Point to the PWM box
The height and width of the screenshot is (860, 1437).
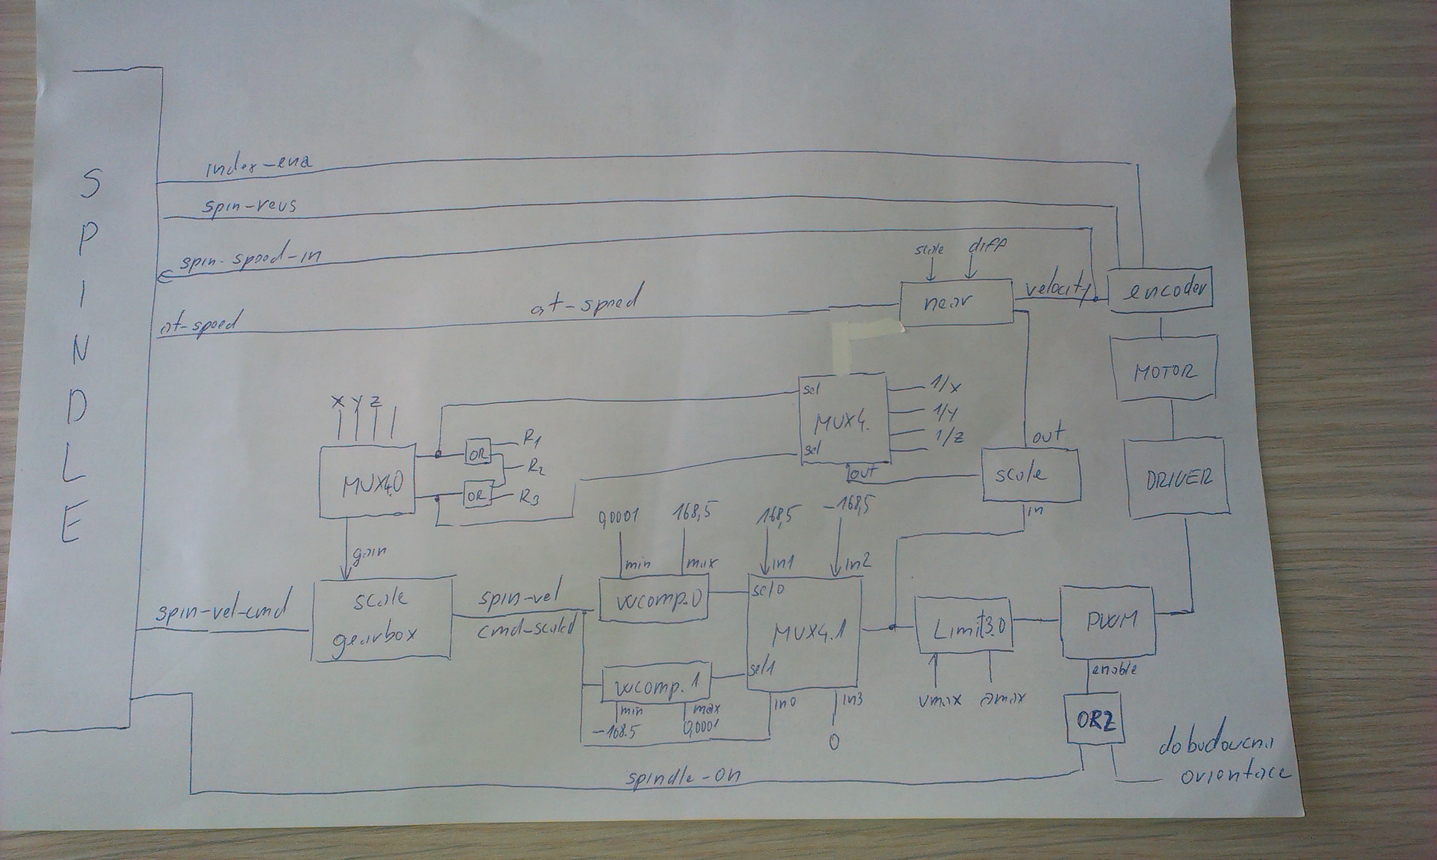[1108, 621]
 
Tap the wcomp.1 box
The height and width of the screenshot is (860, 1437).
[656, 685]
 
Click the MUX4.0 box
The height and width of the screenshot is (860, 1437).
[368, 480]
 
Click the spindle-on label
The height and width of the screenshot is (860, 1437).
[683, 775]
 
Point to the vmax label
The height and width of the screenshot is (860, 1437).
[939, 700]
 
